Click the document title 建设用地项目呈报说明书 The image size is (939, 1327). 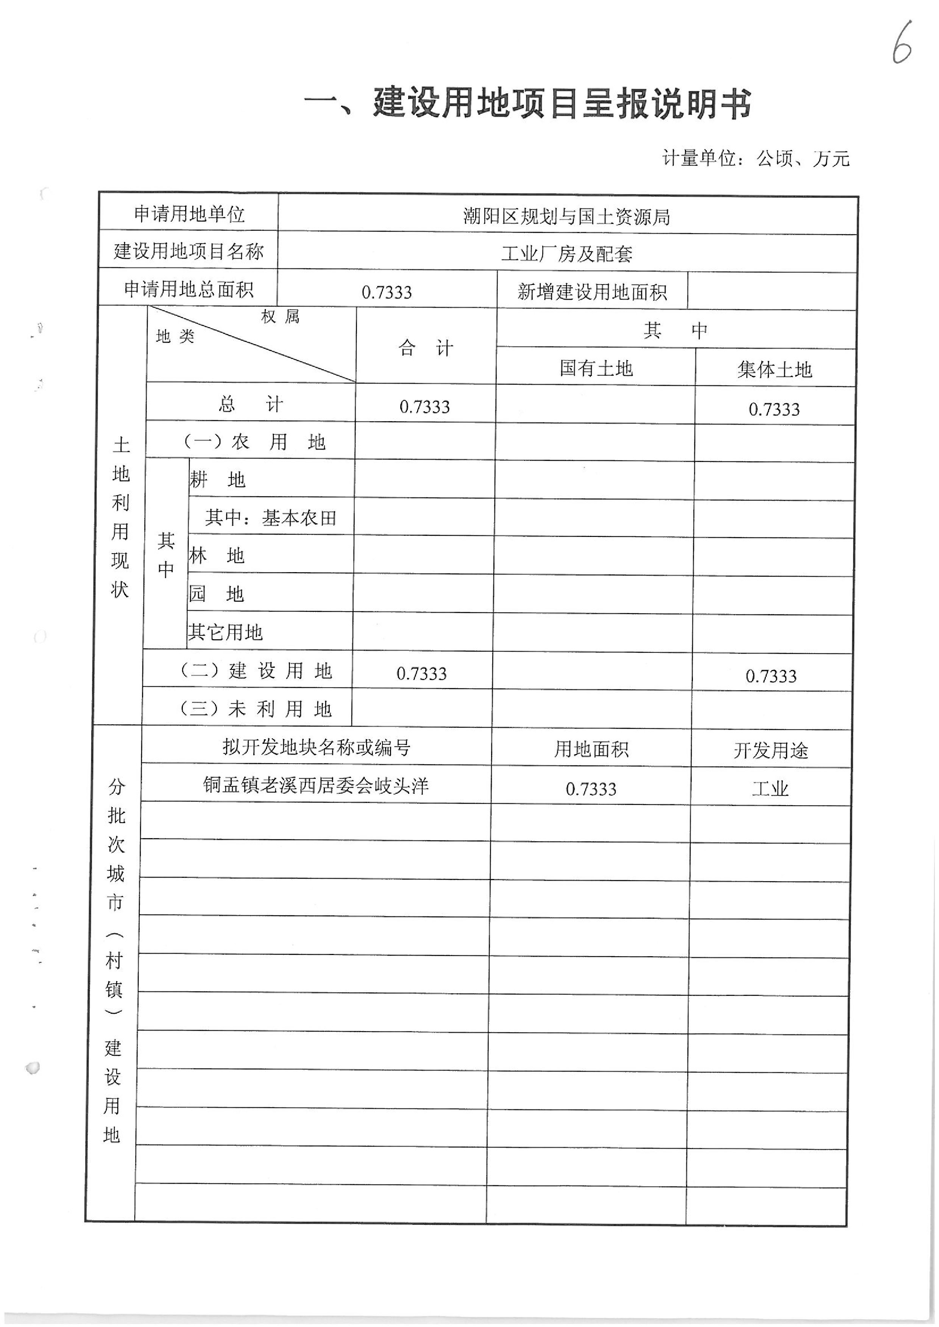(x=527, y=104)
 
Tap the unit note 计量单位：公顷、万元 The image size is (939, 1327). (x=756, y=158)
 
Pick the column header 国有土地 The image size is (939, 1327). (x=596, y=368)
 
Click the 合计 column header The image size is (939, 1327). (x=426, y=348)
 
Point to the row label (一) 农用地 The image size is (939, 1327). (x=254, y=442)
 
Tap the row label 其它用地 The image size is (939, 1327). (x=225, y=632)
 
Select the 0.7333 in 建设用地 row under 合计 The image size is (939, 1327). (x=421, y=673)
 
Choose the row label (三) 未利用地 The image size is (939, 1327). (x=256, y=709)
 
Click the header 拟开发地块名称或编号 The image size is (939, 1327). (x=316, y=747)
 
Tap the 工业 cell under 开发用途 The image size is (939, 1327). (x=770, y=788)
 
